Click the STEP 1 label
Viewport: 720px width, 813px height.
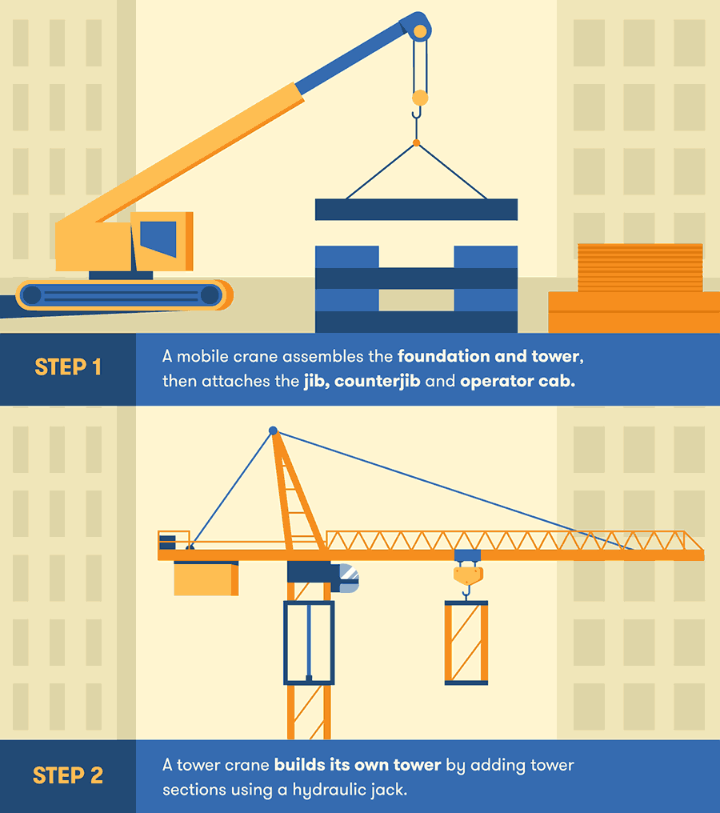pos(68,367)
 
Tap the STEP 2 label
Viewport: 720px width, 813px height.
pos(68,775)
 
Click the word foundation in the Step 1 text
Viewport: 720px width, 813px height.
pos(444,356)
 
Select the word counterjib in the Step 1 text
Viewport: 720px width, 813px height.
pos(377,382)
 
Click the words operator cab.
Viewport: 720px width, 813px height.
pos(518,382)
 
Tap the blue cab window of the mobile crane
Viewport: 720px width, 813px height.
pos(158,239)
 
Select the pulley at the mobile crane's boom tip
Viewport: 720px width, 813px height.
pos(420,32)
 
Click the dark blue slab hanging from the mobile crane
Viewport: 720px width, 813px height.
pos(416,210)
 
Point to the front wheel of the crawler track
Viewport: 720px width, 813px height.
pos(210,295)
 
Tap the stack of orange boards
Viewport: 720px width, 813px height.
pos(640,267)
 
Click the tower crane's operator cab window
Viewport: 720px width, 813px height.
pos(349,578)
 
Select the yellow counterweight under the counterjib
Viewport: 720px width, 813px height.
pos(206,578)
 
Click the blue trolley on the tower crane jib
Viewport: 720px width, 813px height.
pos(467,555)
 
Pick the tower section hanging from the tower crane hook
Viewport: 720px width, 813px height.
pos(466,643)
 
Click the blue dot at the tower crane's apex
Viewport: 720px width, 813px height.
pos(273,431)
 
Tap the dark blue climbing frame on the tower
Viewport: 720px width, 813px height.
pos(309,643)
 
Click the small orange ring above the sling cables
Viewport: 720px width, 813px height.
pos(416,142)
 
